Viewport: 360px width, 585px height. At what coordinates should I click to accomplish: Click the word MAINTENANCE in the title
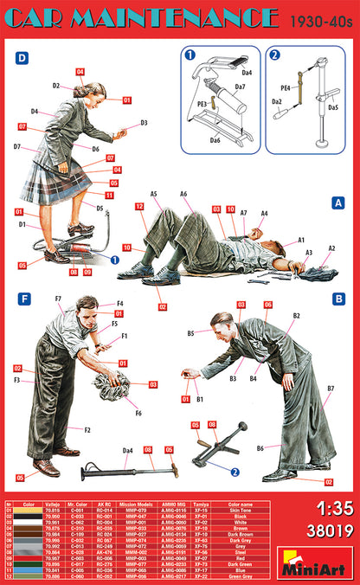[x=173, y=18]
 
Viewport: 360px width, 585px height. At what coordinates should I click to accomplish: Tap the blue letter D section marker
[x=22, y=58]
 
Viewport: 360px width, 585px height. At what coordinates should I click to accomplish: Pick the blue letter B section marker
[x=338, y=299]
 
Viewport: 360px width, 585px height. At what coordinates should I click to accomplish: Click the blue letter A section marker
[x=338, y=202]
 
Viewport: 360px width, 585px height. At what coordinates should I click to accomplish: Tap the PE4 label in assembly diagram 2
[x=285, y=87]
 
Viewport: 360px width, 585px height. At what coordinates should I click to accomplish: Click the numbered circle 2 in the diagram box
[x=275, y=56]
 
